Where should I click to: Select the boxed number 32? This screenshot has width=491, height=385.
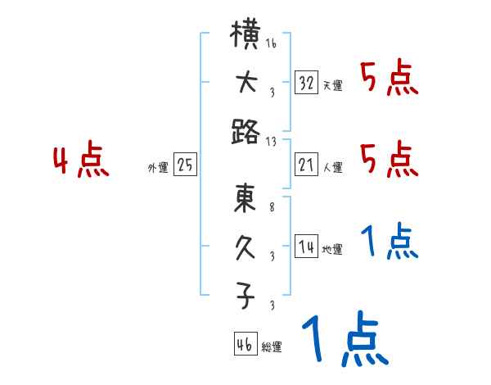306,83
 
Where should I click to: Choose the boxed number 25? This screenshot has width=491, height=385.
185,165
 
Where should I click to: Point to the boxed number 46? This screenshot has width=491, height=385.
245,345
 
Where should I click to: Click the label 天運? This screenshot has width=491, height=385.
332,86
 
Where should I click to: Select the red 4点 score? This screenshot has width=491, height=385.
81,161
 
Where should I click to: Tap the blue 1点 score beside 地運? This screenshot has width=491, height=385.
390,242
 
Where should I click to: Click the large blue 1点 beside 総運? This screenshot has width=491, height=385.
344,340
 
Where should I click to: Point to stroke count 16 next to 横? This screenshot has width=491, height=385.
271,43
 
